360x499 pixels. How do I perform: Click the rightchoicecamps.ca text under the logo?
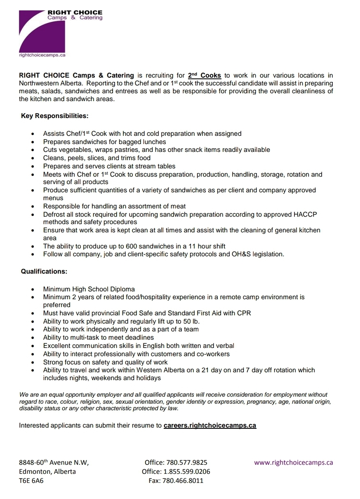point(42,55)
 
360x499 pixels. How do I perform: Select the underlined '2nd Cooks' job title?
point(205,76)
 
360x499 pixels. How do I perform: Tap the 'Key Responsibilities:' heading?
point(55,116)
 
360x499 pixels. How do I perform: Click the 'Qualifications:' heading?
point(44,272)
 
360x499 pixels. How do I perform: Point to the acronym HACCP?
point(305,215)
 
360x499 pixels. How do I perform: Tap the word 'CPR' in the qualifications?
point(244,313)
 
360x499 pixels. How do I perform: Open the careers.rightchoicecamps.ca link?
point(210,426)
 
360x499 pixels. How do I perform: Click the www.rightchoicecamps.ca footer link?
point(294,463)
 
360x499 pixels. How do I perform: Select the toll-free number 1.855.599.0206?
point(187,472)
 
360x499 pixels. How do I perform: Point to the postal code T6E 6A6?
point(31,481)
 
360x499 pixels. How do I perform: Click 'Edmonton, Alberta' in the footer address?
point(47,472)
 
